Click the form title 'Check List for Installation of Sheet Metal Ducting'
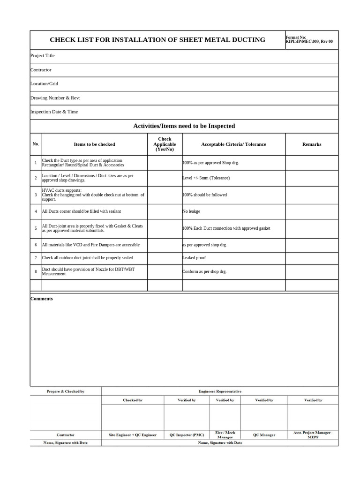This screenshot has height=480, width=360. [157, 40]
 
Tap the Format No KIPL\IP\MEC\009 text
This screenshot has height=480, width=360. [309, 40]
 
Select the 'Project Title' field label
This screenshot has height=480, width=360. [43, 56]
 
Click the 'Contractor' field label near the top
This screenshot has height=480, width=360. [41, 70]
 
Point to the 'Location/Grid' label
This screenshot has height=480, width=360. [45, 83]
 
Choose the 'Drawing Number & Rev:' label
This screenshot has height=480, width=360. [55, 98]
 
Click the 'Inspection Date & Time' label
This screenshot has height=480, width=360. [54, 112]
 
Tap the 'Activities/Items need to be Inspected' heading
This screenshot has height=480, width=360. [184, 126]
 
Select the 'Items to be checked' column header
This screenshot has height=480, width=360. [94, 144]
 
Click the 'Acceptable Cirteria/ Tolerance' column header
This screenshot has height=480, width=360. [233, 144]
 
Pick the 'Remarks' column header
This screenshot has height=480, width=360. [312, 144]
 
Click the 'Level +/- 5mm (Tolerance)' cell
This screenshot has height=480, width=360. [206, 178]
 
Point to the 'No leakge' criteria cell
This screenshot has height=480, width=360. [191, 211]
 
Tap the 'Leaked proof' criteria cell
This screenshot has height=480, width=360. [194, 258]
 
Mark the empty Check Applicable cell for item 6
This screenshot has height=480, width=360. [165, 245]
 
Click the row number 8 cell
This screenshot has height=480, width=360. [36, 272]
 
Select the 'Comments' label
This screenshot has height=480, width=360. [42, 299]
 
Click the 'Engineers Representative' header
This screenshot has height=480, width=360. [220, 391]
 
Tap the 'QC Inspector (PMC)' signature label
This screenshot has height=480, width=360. [187, 435]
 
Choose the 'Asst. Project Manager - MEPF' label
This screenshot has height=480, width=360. [313, 435]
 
